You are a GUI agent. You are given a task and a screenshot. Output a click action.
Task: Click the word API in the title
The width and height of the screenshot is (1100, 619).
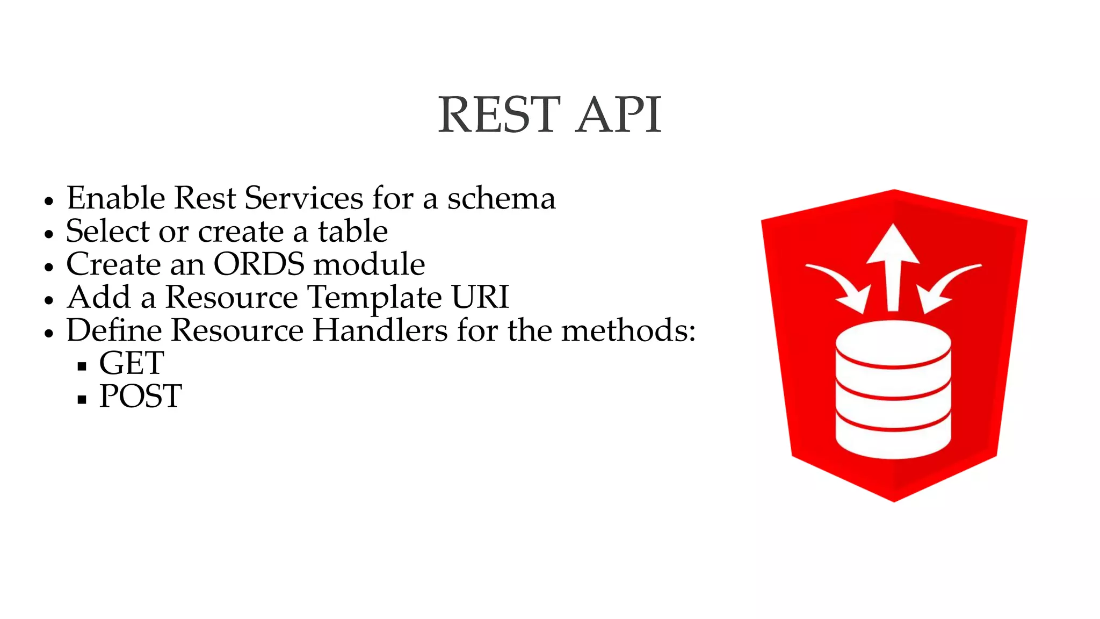(618, 115)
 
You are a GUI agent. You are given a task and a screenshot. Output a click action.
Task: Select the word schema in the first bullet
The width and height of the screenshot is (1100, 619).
(501, 198)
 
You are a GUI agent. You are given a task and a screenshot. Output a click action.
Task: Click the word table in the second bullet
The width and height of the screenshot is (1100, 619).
(352, 232)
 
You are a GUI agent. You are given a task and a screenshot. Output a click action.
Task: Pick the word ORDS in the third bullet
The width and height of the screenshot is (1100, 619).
(259, 264)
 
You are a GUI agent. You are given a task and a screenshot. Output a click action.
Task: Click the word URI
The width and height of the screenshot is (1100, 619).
(480, 297)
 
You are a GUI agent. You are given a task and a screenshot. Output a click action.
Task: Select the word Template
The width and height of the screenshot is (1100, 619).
(374, 298)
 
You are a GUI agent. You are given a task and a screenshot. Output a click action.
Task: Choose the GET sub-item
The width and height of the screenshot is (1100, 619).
(132, 363)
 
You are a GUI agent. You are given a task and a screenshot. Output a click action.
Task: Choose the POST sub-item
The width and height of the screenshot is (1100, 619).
(141, 397)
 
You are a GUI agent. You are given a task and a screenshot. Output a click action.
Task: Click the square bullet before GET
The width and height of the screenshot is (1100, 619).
(82, 366)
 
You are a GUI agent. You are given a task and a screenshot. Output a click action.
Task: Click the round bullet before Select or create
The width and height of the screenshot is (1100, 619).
(49, 234)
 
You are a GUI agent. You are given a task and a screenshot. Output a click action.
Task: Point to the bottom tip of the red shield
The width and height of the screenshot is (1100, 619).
(894, 499)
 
